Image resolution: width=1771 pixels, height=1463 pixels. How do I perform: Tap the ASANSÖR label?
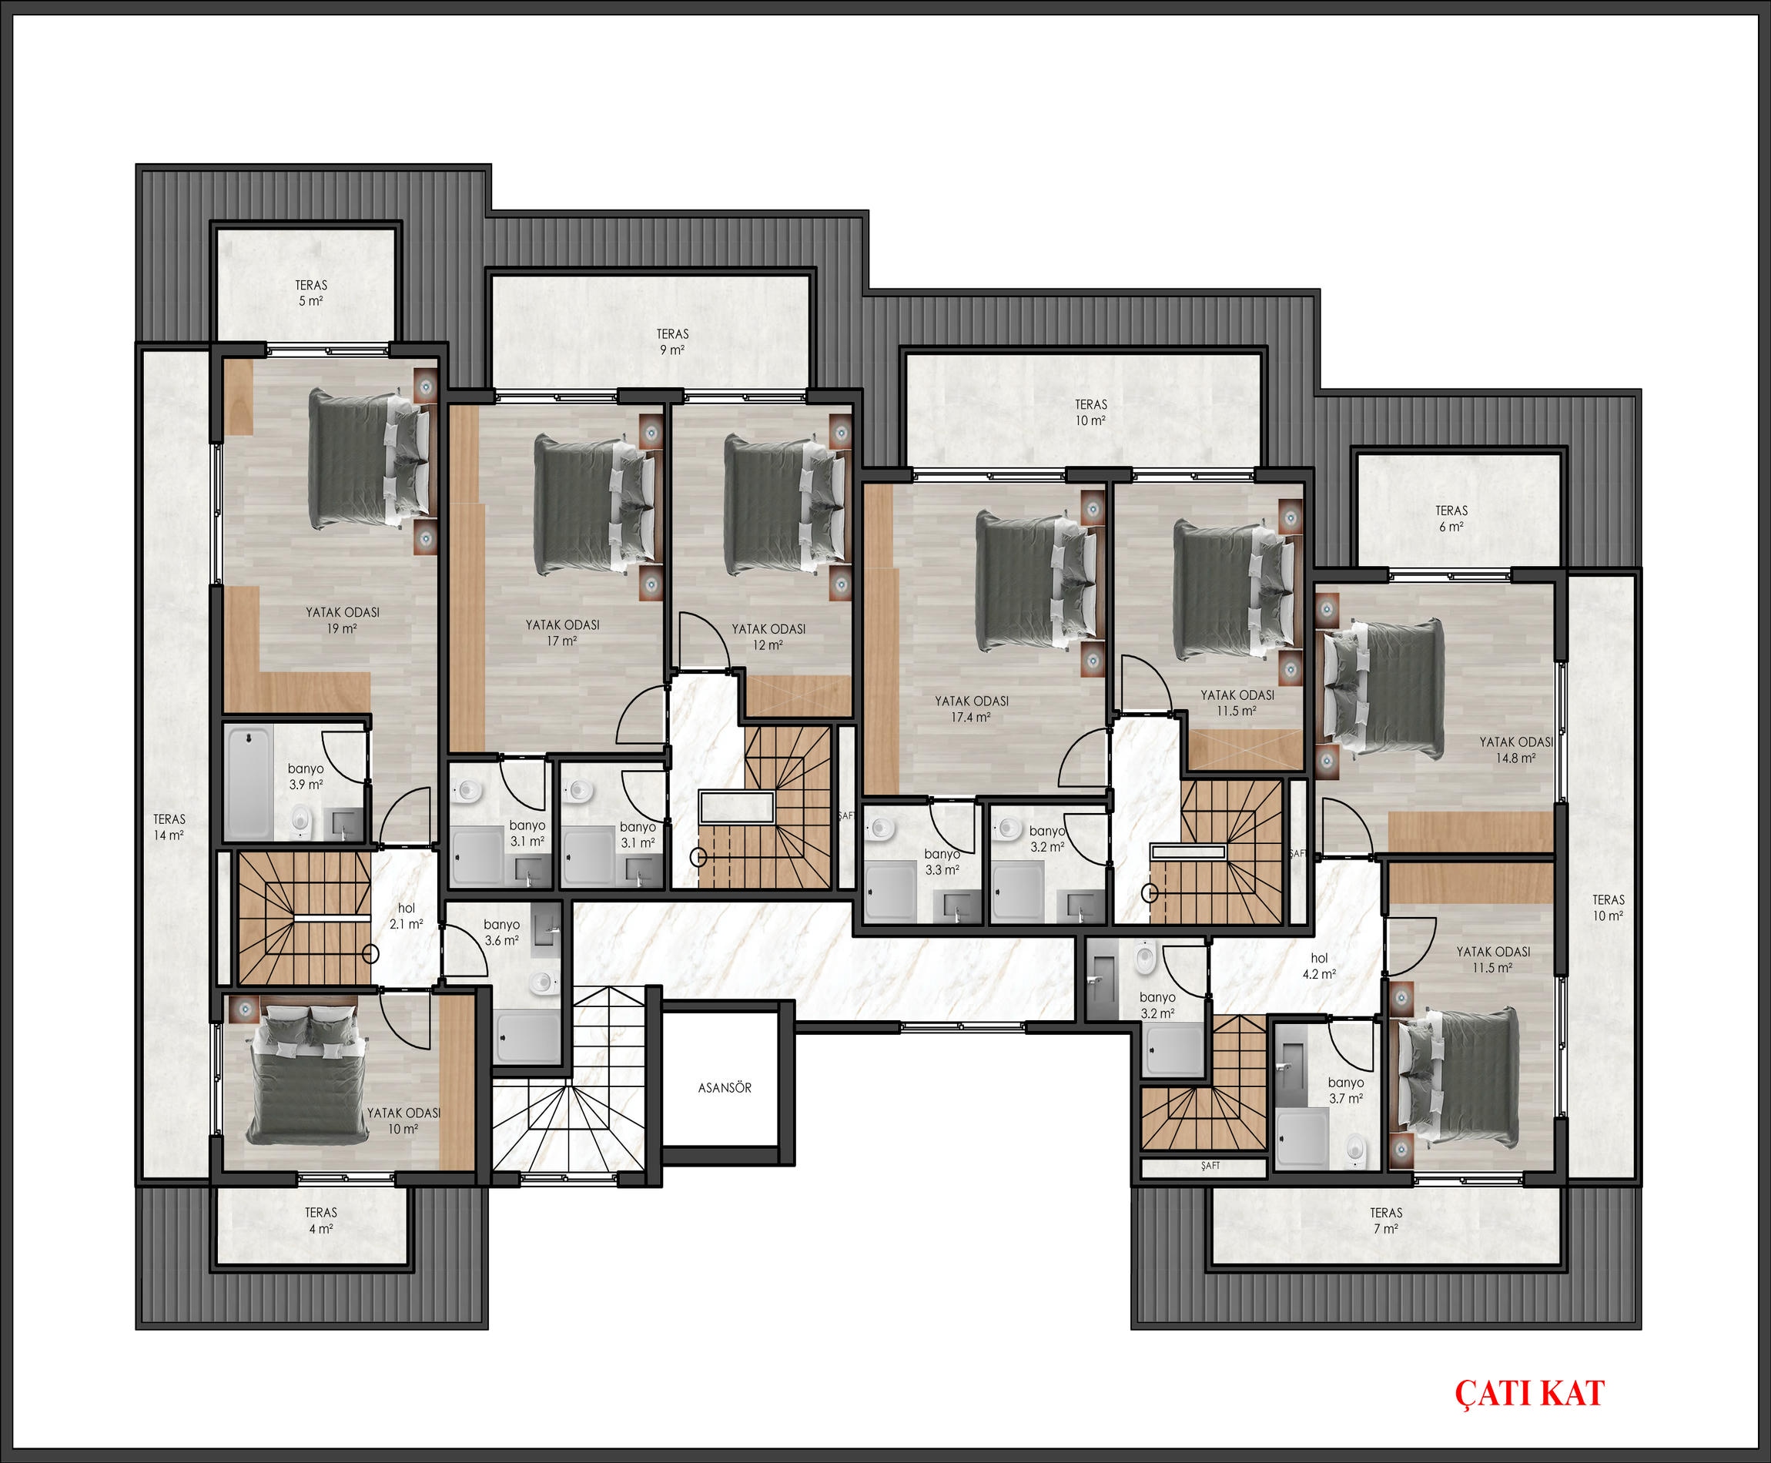pos(725,1088)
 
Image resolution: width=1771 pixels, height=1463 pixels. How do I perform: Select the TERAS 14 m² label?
pos(169,827)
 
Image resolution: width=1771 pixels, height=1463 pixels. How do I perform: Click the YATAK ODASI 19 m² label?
pos(342,619)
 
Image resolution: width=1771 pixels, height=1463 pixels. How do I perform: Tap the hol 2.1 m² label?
pos(406,916)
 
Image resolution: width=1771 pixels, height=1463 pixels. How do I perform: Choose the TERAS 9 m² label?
pos(672,341)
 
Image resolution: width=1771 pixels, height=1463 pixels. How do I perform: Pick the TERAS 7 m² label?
pos(1386,1220)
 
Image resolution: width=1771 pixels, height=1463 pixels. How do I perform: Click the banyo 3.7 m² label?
pos(1345,1090)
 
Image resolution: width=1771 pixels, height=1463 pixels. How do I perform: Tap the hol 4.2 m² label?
pos(1320,966)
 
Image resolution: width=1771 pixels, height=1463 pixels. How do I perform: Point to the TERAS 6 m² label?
pos(1451,518)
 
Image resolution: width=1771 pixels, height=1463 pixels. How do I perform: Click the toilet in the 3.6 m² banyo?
pos(542,981)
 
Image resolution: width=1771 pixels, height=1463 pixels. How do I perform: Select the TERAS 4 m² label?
pos(321,1220)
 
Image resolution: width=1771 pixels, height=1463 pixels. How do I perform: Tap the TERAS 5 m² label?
pos(311,293)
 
